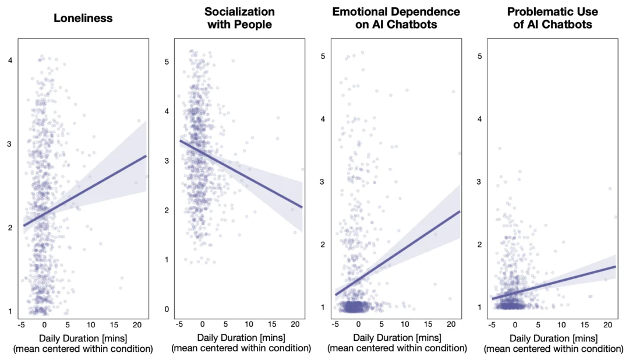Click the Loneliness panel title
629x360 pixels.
[83, 18]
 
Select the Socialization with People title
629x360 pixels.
[239, 18]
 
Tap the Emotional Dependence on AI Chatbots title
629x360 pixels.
[396, 18]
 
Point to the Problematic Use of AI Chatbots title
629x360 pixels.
[552, 18]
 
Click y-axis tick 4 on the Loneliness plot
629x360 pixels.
[10, 60]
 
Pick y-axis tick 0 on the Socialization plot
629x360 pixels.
[167, 309]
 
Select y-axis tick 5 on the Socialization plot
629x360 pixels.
[167, 62]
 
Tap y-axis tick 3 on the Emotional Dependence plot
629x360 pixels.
[323, 182]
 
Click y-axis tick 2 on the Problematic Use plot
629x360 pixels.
[479, 245]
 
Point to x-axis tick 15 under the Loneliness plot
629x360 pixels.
[114, 324]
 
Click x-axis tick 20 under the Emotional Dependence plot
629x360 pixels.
[451, 324]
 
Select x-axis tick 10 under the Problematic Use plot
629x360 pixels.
[561, 324]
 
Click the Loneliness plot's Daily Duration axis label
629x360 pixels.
[83, 343]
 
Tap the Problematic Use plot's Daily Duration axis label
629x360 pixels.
[554, 343]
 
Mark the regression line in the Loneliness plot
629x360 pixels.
[84, 190]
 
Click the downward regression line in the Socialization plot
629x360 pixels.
[241, 174]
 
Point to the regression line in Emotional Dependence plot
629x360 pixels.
[398, 253]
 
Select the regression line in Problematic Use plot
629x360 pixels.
[554, 283]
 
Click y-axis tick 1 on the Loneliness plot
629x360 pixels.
[10, 312]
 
